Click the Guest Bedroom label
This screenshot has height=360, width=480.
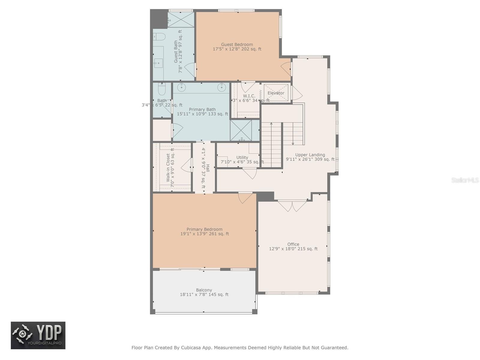point(237,44)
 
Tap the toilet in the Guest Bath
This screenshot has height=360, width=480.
point(160,37)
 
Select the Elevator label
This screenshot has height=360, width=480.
point(276,93)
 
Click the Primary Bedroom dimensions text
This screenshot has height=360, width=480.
point(205,234)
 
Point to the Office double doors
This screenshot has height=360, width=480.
point(292,205)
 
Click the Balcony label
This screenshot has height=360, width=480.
point(204,290)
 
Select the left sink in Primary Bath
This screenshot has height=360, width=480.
point(181,88)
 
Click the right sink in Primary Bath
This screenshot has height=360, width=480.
point(221,88)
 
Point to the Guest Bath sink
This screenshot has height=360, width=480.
point(158,63)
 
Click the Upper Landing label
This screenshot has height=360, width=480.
point(310,155)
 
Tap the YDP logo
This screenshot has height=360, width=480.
point(38,335)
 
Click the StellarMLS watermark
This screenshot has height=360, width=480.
point(465,180)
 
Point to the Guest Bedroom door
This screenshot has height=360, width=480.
point(286,69)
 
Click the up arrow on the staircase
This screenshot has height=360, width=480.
point(271,124)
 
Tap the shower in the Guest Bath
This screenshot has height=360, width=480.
point(181,19)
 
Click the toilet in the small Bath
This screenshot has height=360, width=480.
point(162,89)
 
